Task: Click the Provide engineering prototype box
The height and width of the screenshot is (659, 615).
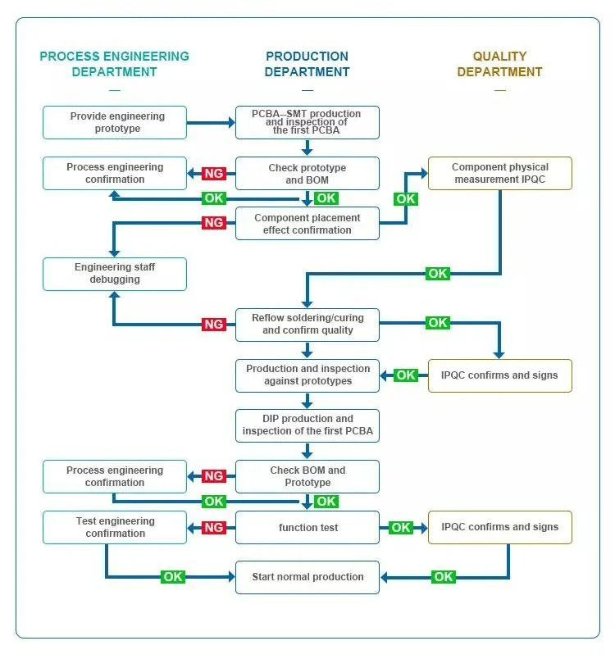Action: tap(115, 122)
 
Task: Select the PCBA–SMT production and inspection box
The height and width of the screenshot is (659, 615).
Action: tap(307, 122)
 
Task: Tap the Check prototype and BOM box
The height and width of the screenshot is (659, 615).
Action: tap(307, 173)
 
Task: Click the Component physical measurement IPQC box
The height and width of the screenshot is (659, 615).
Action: tap(499, 173)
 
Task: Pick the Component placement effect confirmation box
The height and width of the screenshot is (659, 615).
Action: tap(307, 224)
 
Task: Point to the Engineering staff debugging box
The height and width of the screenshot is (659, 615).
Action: tap(115, 274)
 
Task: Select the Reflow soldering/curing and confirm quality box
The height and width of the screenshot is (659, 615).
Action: tap(307, 325)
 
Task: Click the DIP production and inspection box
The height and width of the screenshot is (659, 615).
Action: tap(307, 425)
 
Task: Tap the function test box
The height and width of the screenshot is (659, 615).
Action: tap(307, 527)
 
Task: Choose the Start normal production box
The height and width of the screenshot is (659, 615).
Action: tap(307, 577)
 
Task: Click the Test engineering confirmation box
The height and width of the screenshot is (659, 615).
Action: tap(115, 527)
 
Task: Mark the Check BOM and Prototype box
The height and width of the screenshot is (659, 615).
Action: tap(307, 476)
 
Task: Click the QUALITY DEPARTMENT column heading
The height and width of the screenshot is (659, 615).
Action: tap(499, 64)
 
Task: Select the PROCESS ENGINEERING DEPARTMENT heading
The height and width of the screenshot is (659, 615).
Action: tap(114, 64)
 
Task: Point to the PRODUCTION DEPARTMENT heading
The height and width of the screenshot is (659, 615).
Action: tap(307, 64)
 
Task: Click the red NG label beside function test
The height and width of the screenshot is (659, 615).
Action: tap(214, 527)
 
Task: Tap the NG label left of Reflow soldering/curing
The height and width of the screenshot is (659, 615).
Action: tap(214, 325)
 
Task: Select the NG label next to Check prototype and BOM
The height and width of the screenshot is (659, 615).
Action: tap(214, 173)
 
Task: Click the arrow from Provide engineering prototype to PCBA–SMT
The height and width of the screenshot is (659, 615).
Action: tap(211, 123)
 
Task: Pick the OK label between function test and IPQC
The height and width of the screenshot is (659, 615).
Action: tap(401, 527)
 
